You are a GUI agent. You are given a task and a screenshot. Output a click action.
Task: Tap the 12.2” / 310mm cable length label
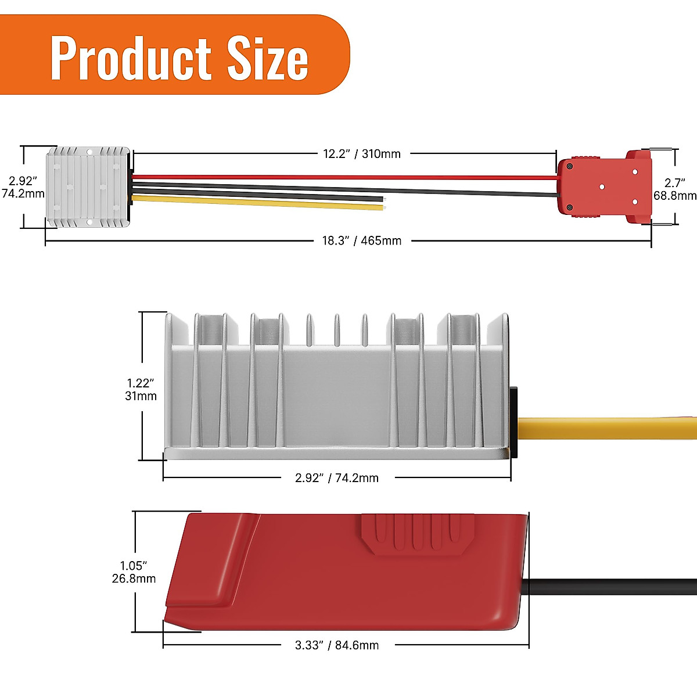361,154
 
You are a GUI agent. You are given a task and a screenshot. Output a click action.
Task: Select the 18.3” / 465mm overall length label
361,240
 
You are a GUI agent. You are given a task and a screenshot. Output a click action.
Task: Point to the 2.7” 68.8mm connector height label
674,189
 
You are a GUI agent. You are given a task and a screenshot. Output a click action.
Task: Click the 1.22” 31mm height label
141,389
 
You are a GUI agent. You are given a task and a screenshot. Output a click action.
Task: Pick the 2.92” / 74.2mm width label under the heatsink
336,478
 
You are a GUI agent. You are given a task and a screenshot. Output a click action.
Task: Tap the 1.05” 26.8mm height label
134,572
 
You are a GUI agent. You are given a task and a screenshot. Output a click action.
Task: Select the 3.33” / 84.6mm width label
336,645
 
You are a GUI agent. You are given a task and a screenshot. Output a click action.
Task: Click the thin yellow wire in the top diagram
256,201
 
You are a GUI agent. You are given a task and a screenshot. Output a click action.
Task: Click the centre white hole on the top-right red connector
602,186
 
